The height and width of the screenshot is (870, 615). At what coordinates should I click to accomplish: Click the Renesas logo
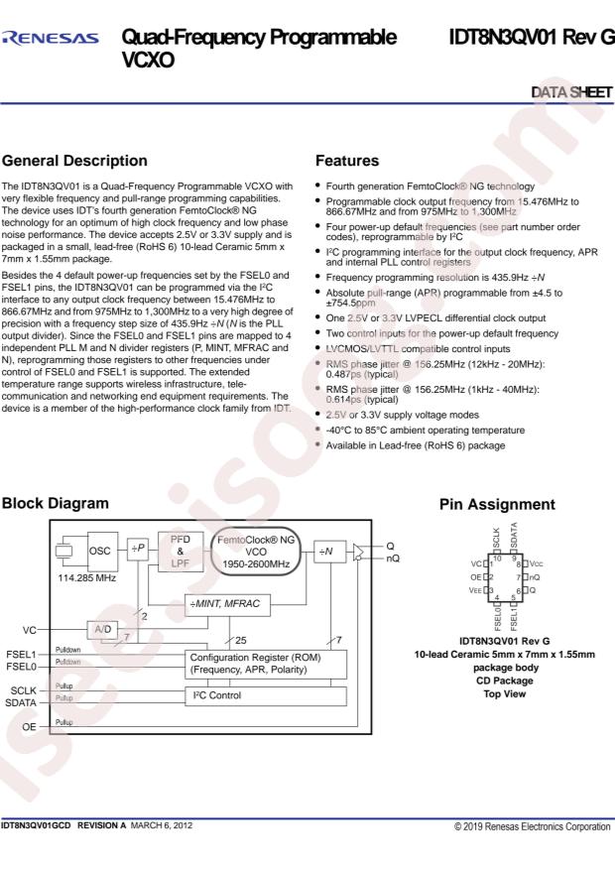tap(51, 38)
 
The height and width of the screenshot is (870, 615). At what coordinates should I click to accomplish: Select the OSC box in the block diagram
tap(102, 551)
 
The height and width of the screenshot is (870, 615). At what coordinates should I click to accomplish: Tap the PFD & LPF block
tap(181, 551)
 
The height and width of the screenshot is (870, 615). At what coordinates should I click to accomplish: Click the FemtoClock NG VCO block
tap(256, 552)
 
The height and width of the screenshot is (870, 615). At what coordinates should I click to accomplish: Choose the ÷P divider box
tap(138, 549)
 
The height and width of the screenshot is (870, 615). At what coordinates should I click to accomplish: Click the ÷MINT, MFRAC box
tap(227, 604)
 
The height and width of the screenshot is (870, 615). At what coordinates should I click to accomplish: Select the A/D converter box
tap(102, 630)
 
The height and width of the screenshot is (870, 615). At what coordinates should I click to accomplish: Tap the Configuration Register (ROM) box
tap(266, 664)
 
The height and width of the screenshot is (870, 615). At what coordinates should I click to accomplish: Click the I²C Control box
tap(266, 695)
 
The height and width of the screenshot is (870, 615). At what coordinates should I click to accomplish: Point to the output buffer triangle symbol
tap(359, 553)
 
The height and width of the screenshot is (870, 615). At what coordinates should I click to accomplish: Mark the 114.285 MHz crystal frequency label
tap(87, 578)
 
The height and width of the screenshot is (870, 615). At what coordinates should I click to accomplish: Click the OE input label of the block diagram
tap(29, 727)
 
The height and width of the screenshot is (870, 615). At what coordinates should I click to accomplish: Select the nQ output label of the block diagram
tap(393, 559)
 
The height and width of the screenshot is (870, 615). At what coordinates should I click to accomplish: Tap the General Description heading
tap(74, 161)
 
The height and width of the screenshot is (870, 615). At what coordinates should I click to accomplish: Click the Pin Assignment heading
tap(497, 504)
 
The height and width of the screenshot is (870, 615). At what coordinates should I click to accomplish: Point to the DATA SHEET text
tap(571, 92)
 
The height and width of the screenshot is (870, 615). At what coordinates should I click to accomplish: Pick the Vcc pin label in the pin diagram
tap(536, 563)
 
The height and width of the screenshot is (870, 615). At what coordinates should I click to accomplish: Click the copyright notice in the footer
tap(533, 826)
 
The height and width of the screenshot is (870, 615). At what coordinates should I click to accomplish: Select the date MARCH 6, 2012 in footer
tap(162, 825)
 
